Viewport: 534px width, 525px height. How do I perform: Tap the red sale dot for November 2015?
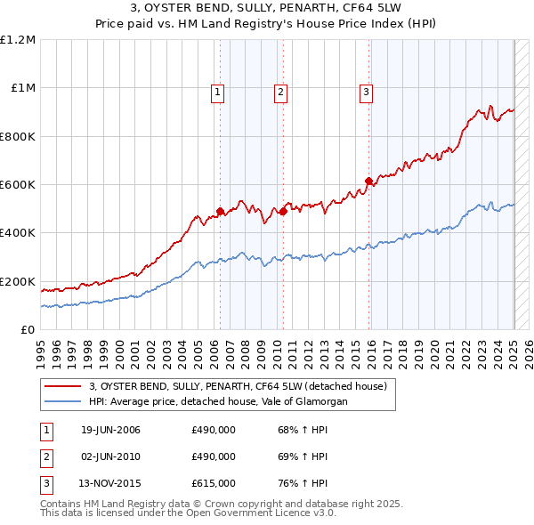pos(368,182)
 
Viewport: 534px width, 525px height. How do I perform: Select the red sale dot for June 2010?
pos(283,212)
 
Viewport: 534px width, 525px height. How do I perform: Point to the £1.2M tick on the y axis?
pos(20,40)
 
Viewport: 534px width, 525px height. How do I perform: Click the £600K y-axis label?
pos(18,185)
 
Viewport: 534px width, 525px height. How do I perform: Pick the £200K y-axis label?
pos(18,281)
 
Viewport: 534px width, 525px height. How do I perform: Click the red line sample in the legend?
pos(61,387)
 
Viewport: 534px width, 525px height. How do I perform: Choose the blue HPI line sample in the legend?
pos(61,402)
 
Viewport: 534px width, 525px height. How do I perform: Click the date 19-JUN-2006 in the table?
pos(110,430)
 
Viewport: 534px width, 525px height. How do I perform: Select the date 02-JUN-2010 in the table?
pos(110,456)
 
